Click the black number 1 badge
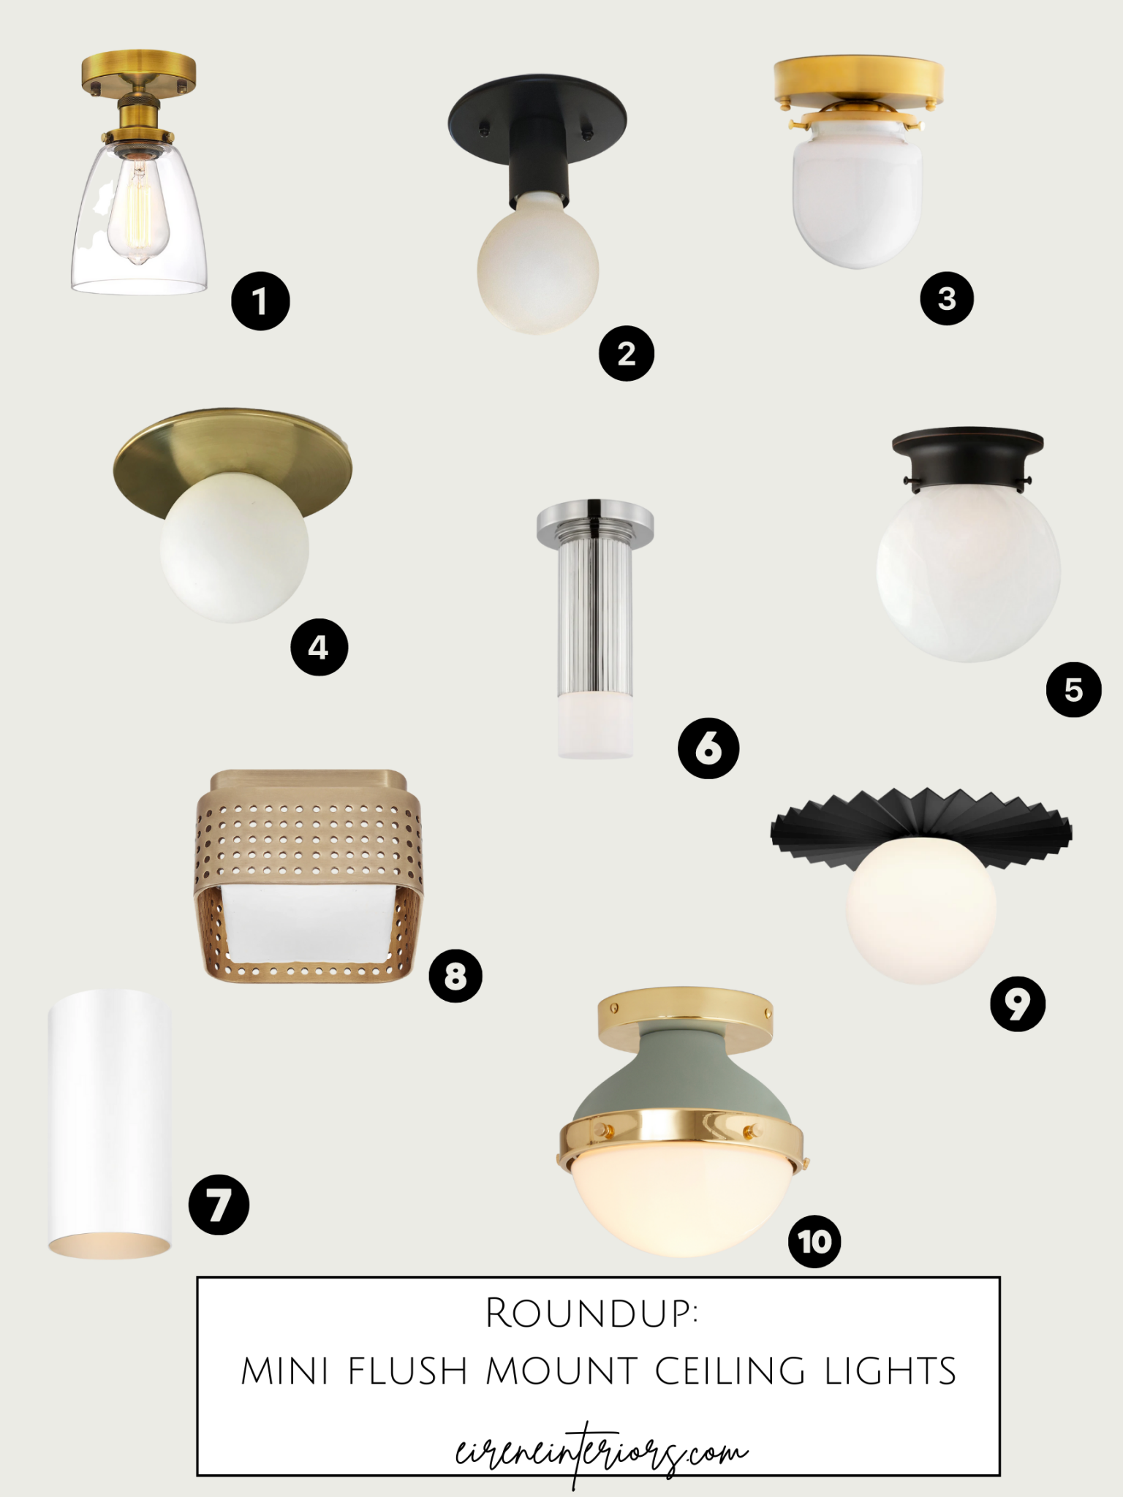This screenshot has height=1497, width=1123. [260, 301]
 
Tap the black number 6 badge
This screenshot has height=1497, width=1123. [708, 748]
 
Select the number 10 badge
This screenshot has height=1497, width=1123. [814, 1241]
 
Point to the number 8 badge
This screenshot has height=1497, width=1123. [455, 975]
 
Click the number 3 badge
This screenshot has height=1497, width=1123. [947, 298]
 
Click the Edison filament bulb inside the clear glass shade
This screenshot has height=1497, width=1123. [138, 212]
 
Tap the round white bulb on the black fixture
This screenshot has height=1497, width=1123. [537, 270]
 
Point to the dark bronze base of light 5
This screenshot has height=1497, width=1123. [967, 457]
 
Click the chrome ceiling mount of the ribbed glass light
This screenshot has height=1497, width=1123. [594, 520]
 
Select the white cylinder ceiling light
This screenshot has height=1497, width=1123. [110, 1122]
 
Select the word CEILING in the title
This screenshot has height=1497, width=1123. [729, 1371]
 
